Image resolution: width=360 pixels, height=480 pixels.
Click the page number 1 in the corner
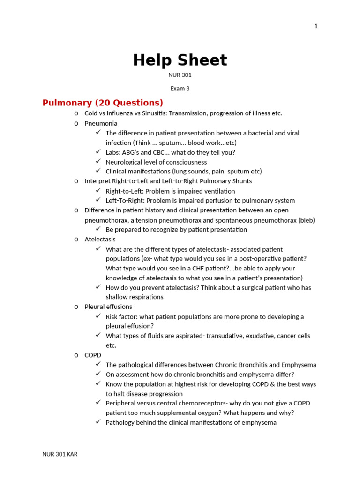[316, 26]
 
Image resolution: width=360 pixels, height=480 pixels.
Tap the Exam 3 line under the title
[180, 88]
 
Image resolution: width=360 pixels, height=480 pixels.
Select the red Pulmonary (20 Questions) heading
[103, 103]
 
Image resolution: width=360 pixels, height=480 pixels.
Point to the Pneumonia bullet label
[101, 123]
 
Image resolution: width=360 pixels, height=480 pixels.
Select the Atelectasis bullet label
[100, 239]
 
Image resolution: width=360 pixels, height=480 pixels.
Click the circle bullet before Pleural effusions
[76, 307]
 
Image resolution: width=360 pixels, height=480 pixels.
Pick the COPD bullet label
[93, 355]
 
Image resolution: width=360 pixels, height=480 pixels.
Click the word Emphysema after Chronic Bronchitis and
[298, 365]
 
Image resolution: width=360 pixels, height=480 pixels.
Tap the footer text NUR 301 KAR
[60, 454]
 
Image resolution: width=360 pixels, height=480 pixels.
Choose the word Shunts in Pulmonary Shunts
[242, 181]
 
